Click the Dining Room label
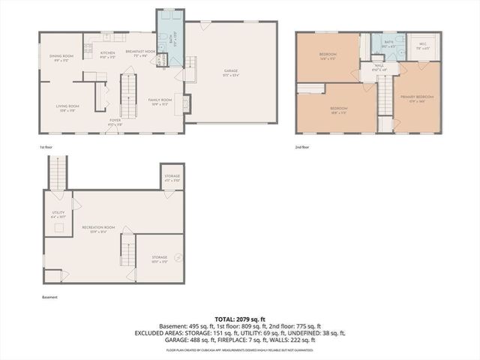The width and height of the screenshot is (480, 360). click(x=61, y=56)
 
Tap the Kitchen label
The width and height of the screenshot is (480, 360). click(x=107, y=53)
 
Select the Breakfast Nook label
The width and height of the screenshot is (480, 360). click(x=139, y=52)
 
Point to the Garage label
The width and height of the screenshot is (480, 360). click(x=231, y=72)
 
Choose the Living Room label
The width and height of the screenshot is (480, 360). click(x=67, y=106)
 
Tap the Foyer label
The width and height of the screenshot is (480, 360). click(x=115, y=120)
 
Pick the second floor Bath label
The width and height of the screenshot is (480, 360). click(x=388, y=43)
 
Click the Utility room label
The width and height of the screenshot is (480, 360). click(x=58, y=212)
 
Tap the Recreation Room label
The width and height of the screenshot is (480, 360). click(x=97, y=228)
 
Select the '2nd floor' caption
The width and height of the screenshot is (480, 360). click(x=303, y=147)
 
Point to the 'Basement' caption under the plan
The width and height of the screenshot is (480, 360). click(x=49, y=297)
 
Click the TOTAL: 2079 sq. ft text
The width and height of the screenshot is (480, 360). click(x=240, y=319)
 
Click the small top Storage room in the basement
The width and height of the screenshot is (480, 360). click(x=172, y=178)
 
